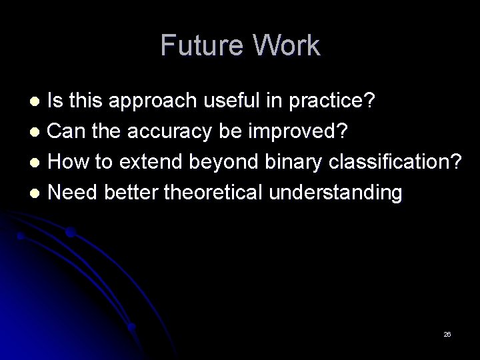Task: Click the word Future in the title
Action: (x=200, y=45)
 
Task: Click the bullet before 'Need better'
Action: (x=38, y=193)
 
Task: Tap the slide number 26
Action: (x=447, y=334)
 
